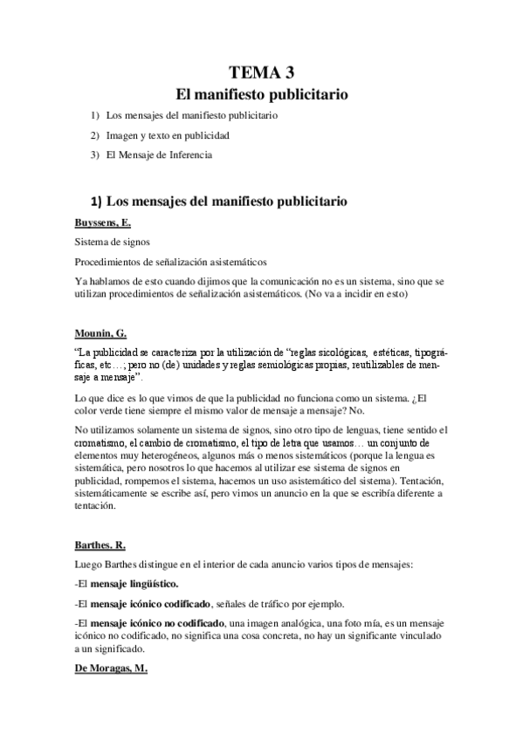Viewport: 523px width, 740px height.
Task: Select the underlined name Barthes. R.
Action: pyautogui.click(x=100, y=545)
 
